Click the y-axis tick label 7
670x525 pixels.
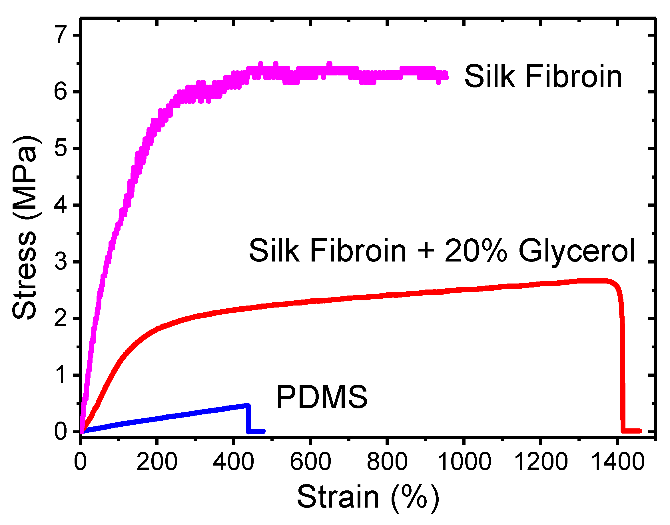[x=61, y=35]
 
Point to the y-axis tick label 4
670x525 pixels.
[x=61, y=205]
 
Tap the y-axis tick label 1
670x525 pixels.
[x=61, y=375]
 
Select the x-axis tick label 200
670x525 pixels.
[x=157, y=462]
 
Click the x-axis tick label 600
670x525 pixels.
[x=310, y=462]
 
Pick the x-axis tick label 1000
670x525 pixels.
[x=464, y=462]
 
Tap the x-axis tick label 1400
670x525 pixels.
[x=617, y=462]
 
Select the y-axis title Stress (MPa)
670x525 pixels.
[x=25, y=227]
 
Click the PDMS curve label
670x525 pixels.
[x=322, y=397]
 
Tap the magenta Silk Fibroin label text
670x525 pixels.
[x=543, y=77]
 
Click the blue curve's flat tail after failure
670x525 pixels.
[x=256, y=431]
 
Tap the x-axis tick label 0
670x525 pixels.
[x=81, y=462]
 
